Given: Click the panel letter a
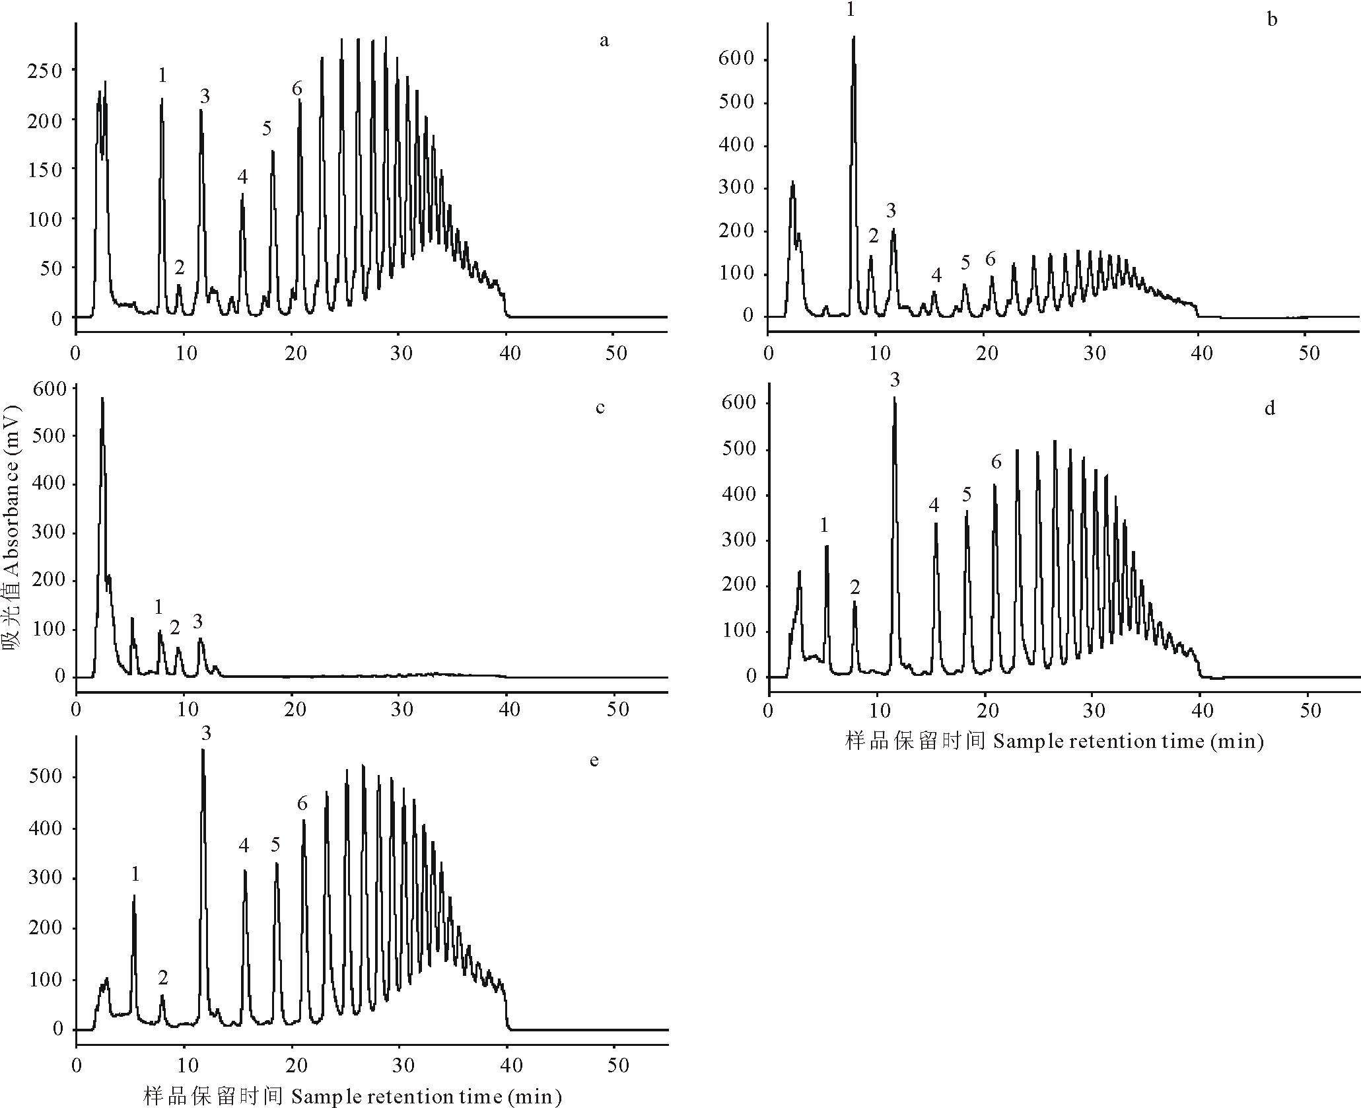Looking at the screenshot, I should click(604, 41).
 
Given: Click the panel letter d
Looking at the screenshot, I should click(1269, 408).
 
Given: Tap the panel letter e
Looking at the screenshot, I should click(594, 760).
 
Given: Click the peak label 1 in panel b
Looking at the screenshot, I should click(850, 9).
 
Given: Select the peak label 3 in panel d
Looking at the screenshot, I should click(895, 380).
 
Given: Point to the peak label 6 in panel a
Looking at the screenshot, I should click(297, 89).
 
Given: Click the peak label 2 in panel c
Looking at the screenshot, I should click(174, 628).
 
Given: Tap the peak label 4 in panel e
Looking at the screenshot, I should click(244, 845).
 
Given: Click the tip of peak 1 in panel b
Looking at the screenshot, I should click(853, 37).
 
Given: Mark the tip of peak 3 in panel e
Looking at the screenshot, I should click(203, 750).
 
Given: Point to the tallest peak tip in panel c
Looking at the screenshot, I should click(102, 398).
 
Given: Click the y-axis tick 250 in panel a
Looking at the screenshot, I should click(44, 71).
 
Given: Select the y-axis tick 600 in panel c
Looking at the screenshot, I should click(50, 388).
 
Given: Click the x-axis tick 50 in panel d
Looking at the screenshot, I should click(1309, 711).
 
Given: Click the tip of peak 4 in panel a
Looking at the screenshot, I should click(242, 194).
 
